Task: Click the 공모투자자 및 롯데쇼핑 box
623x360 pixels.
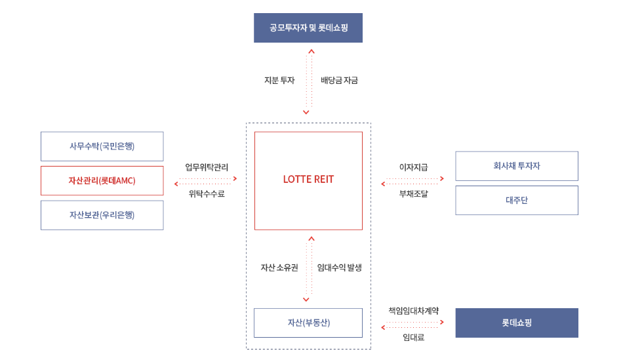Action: click(308, 28)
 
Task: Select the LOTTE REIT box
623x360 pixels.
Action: click(308, 180)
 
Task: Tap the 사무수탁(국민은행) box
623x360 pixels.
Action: click(102, 146)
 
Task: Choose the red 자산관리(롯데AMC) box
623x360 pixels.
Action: click(102, 180)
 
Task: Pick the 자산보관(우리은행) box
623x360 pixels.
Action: click(102, 214)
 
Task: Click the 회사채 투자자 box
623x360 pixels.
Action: click(517, 166)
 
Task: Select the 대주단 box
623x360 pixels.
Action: click(517, 200)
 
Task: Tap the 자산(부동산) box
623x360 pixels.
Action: click(308, 323)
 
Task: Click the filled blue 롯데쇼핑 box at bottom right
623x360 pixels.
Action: click(517, 323)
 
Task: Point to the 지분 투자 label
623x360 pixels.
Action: click(279, 81)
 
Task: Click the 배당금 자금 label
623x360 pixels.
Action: click(339, 81)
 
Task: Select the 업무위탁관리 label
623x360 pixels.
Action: click(207, 167)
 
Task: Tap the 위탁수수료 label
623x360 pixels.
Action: click(207, 193)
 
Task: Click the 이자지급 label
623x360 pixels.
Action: click(413, 167)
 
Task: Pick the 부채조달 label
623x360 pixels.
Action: click(413, 193)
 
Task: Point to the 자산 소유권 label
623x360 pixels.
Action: click(279, 268)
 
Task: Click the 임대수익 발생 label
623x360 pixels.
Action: click(340, 268)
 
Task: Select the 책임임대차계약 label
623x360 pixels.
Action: click(413, 311)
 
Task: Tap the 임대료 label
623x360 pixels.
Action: click(413, 337)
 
